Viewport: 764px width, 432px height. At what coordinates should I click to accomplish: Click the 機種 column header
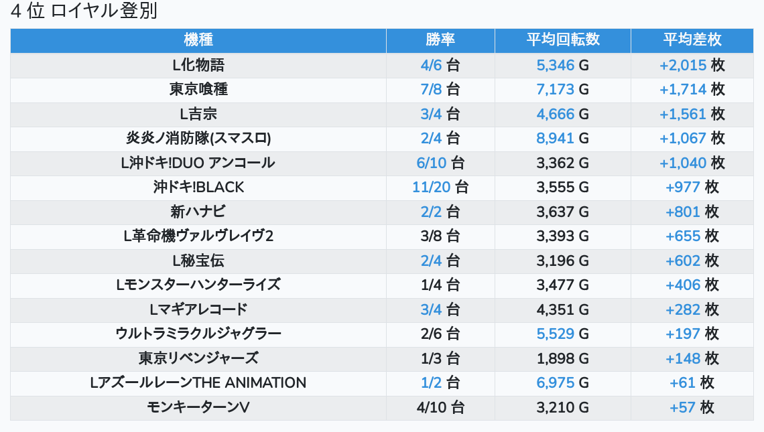[198, 40]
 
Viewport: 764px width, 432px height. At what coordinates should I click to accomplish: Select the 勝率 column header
[440, 40]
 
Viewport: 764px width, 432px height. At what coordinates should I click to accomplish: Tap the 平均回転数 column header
[562, 40]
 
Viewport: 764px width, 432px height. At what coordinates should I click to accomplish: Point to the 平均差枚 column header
[692, 40]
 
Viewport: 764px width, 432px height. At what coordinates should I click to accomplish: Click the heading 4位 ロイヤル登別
[84, 12]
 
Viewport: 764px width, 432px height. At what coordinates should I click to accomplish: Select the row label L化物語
[198, 65]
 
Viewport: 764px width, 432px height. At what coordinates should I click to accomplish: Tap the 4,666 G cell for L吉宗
[562, 114]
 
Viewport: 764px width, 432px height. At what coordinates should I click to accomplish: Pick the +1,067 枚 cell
[692, 139]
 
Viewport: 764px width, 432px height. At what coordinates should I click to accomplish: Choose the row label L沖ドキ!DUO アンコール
[198, 163]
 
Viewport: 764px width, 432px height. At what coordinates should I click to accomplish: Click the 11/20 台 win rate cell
[440, 188]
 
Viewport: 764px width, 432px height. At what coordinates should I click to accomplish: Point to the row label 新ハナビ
[198, 212]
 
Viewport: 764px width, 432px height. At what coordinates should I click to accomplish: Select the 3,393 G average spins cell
[562, 236]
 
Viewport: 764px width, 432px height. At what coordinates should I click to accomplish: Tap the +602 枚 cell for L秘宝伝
[692, 261]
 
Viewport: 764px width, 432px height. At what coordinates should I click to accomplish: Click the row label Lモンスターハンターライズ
[198, 285]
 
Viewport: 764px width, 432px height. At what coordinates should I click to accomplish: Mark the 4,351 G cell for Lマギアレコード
[562, 309]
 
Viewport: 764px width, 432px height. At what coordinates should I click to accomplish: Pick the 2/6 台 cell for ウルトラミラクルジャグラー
[440, 334]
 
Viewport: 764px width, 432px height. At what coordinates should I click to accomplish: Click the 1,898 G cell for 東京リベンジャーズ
[562, 358]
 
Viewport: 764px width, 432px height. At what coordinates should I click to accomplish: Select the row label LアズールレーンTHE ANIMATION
[198, 383]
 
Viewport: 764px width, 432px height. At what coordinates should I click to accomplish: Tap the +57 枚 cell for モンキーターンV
[692, 407]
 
